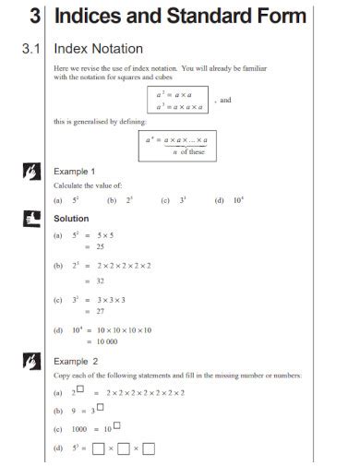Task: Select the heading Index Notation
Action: click(99, 48)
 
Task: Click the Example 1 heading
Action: click(75, 172)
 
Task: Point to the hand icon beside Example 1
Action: click(30, 172)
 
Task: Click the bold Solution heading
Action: click(71, 219)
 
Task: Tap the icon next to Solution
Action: click(30, 219)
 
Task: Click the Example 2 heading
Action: click(76, 361)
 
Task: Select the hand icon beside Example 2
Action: click(30, 361)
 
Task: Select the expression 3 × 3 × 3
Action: click(107, 299)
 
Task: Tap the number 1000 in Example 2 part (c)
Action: click(78, 429)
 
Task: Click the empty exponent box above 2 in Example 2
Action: click(81, 388)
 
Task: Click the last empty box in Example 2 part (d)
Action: click(149, 449)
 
